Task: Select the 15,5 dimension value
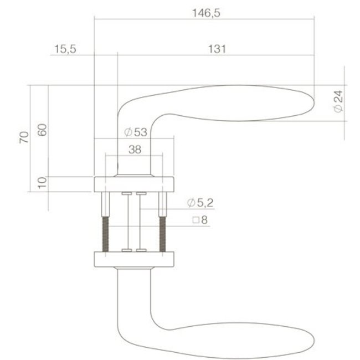tap(65, 49)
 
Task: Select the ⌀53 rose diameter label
tap(135, 132)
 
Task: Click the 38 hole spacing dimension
tap(134, 149)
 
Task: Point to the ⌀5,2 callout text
tap(200, 203)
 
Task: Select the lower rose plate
tap(135, 259)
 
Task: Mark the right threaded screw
tap(163, 233)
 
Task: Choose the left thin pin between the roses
tap(127, 222)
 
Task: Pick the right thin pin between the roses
tap(141, 222)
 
